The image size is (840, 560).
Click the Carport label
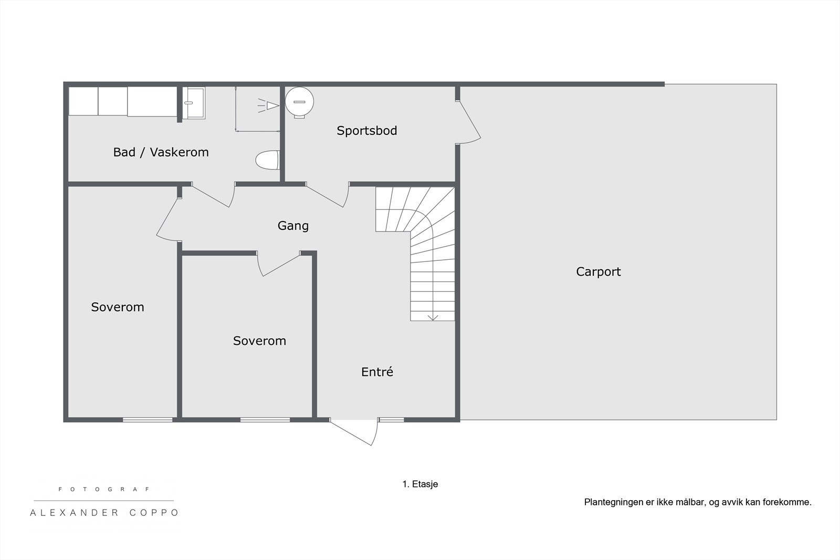click(x=598, y=272)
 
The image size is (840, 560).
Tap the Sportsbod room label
click(x=366, y=131)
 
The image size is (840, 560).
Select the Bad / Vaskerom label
click(x=161, y=152)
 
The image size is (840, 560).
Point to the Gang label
click(x=293, y=226)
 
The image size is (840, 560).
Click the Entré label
click(x=377, y=372)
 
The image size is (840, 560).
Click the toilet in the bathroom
click(x=268, y=160)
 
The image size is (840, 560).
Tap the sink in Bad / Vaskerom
click(x=195, y=103)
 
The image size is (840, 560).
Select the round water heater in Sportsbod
click(x=299, y=101)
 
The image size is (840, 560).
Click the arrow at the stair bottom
click(x=433, y=318)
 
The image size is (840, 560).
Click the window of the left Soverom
click(x=148, y=420)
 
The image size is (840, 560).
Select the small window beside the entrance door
click(x=392, y=420)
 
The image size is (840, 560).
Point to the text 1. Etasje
click(x=420, y=484)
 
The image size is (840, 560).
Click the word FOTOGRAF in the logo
click(x=104, y=489)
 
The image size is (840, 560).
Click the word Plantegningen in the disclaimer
click(x=613, y=502)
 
